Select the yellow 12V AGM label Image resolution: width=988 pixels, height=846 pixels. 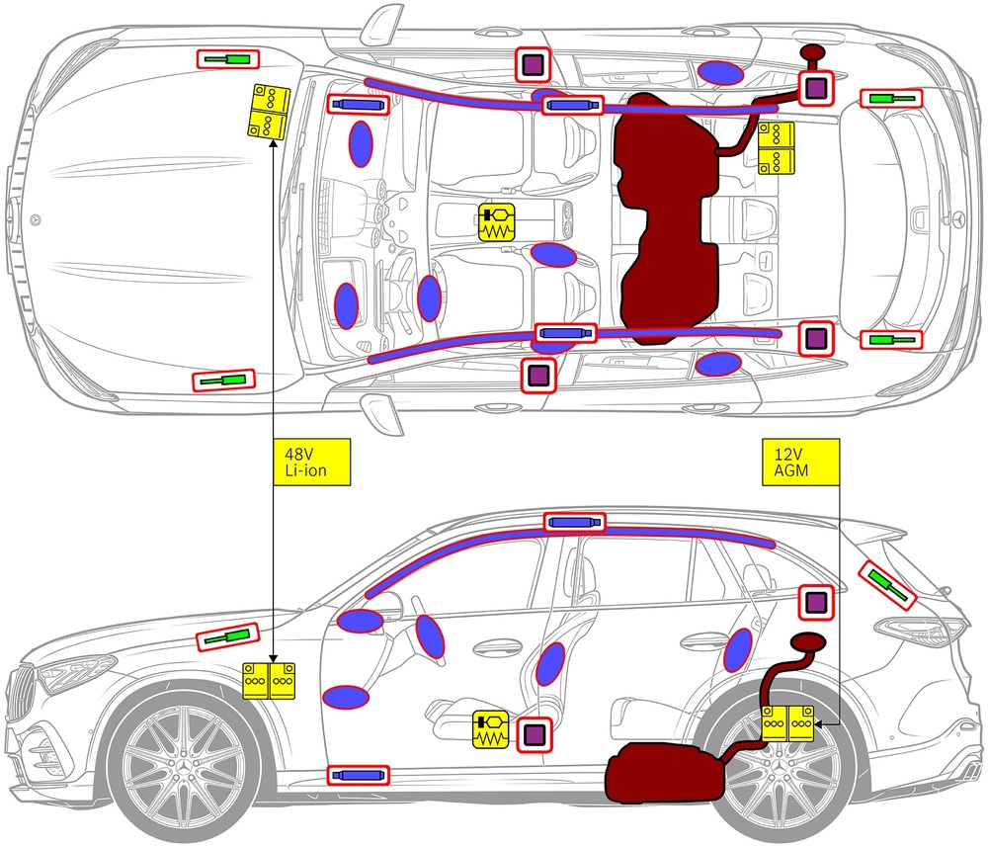pyautogui.click(x=800, y=463)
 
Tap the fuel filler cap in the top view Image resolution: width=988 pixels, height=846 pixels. pyautogui.click(x=813, y=52)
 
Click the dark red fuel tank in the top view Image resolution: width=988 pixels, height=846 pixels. pyautogui.click(x=667, y=217)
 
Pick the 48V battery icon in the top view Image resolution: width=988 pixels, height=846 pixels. pyautogui.click(x=268, y=111)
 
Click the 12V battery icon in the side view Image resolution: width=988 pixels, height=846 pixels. pyautogui.click(x=787, y=723)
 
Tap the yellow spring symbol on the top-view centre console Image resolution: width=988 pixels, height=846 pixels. pyautogui.click(x=496, y=222)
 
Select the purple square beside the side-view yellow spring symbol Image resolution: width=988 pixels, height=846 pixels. pyautogui.click(x=535, y=734)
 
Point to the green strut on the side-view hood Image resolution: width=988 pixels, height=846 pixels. pyautogui.click(x=226, y=638)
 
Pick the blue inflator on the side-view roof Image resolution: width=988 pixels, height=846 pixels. pyautogui.click(x=573, y=522)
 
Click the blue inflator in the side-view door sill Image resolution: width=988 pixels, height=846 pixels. pyautogui.click(x=359, y=774)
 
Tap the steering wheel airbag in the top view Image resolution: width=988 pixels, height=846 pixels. pyautogui.click(x=429, y=296)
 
